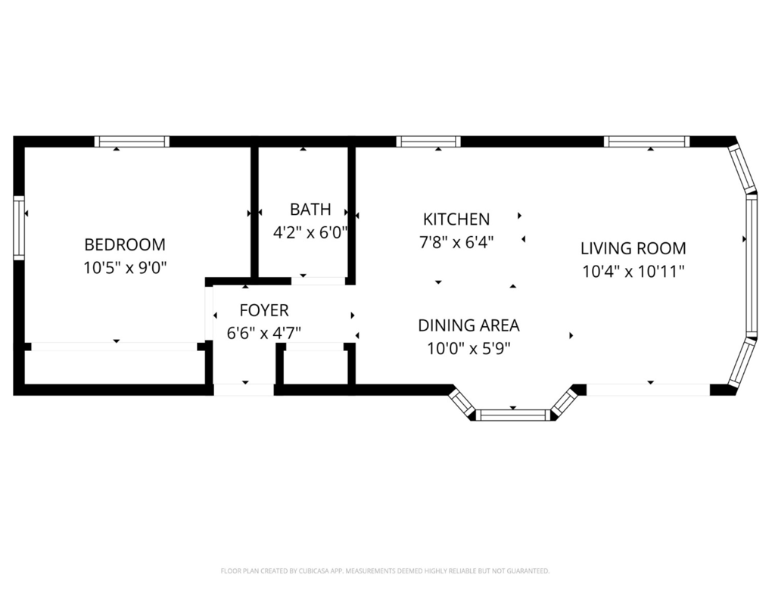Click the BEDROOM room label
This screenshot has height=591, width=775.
tap(125, 244)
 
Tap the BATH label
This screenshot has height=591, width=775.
tap(310, 210)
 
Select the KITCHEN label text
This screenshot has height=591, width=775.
tap(456, 219)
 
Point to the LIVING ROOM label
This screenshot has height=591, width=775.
tap(633, 248)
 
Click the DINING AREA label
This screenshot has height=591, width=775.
tap(468, 325)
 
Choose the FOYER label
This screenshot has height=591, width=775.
tap(264, 310)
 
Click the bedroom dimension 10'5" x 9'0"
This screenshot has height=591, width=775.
tap(125, 268)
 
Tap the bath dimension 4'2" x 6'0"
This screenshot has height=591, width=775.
tap(310, 232)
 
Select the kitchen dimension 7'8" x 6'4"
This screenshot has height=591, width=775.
tap(456, 242)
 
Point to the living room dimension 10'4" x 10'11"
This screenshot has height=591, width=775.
tap(633, 272)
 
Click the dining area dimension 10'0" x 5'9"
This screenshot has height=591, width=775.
tap(468, 349)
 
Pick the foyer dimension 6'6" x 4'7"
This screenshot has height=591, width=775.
tap(264, 334)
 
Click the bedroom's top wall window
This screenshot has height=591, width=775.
tap(132, 142)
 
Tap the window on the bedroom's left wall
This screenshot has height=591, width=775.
tap(19, 228)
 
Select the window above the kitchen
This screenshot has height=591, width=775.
tap(428, 142)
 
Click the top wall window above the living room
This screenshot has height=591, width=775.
tap(646, 142)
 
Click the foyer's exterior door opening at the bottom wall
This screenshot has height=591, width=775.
tap(244, 390)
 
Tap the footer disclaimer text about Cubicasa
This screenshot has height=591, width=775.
tap(385, 571)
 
